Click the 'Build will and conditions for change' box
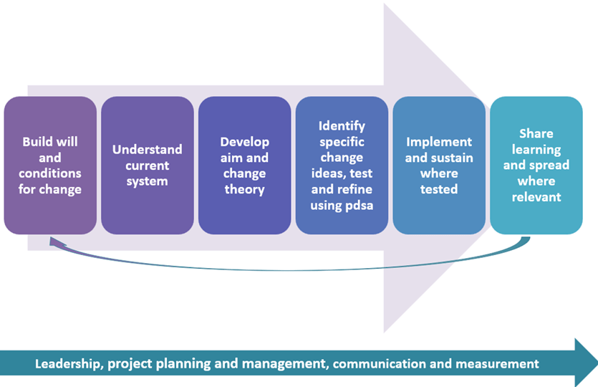[50, 166]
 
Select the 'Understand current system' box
[148, 166]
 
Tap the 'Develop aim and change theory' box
[245, 166]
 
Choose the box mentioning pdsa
[342, 166]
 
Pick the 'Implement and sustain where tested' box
[439, 166]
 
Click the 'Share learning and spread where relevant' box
[536, 166]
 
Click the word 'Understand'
[148, 149]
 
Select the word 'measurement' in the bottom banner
[497, 364]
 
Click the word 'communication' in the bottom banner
[379, 364]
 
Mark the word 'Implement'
[439, 142]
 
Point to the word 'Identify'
[342, 126]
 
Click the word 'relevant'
[536, 197]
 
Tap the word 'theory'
[244, 190]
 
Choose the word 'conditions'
[50, 173]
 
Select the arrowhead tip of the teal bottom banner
[597, 363]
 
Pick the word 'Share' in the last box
[536, 133]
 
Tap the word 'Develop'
[244, 143]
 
